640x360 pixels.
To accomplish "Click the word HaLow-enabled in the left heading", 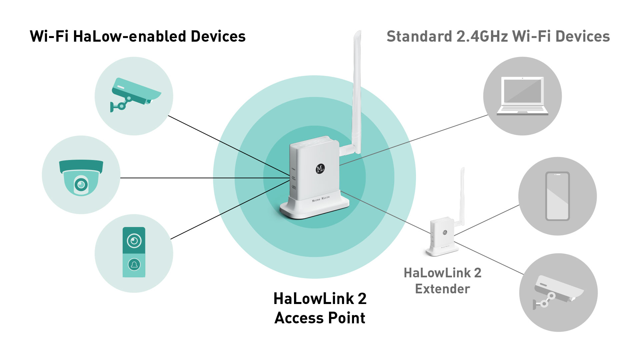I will point(129,37).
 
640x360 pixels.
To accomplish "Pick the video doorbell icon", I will point(134,252).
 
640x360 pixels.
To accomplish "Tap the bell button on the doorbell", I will point(134,265).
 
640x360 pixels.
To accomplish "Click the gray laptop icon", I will point(522,96).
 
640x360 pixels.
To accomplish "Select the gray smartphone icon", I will point(557,196).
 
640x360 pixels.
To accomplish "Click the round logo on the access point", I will point(320,169).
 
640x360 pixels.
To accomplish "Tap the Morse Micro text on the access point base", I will point(321,199).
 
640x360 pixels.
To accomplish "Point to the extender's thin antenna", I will point(462,193).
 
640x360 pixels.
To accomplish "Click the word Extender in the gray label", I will point(442,289).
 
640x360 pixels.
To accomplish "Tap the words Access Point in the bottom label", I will point(320,318).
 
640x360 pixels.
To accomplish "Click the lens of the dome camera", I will point(81,184).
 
